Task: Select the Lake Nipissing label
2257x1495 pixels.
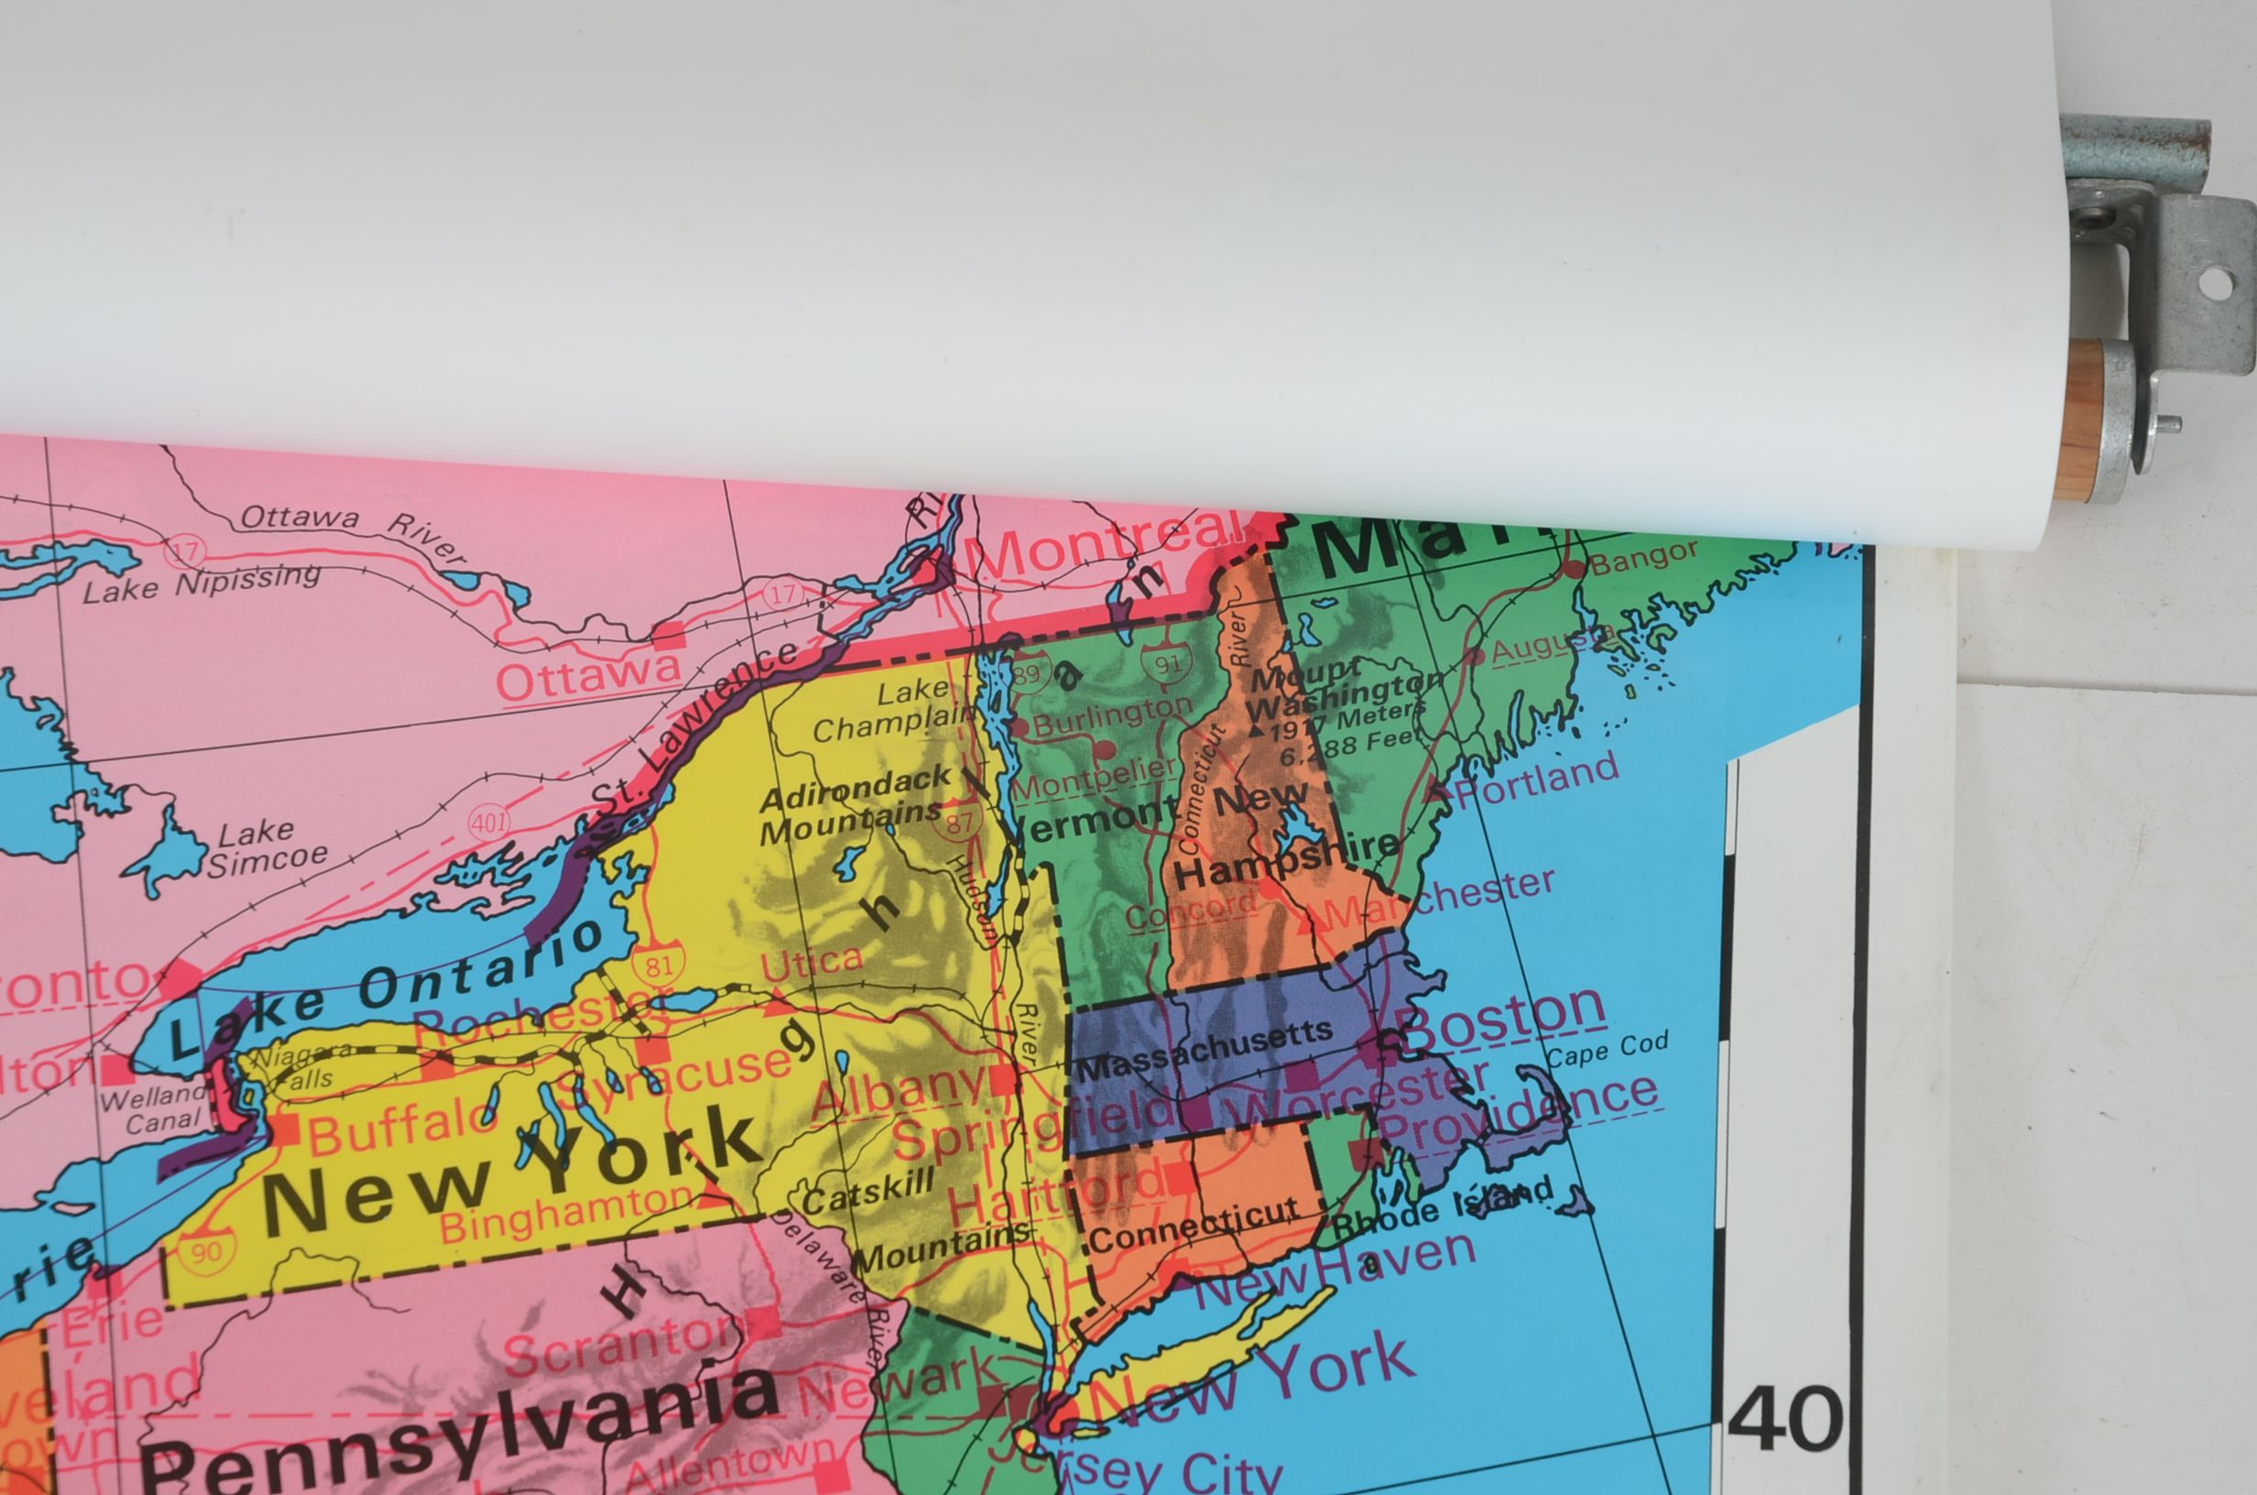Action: [x=201, y=584]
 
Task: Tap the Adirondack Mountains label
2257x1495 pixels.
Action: [x=853, y=805]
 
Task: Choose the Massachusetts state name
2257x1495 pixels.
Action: [x=1205, y=1049]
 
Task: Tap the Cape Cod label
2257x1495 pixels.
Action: [x=1607, y=1051]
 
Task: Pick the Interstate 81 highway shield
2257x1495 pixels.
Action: [x=659, y=965]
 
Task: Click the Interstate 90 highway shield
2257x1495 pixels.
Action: [x=206, y=1251]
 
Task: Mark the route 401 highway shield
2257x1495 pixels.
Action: [x=489, y=822]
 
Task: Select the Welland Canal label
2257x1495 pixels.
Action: [x=152, y=1108]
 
